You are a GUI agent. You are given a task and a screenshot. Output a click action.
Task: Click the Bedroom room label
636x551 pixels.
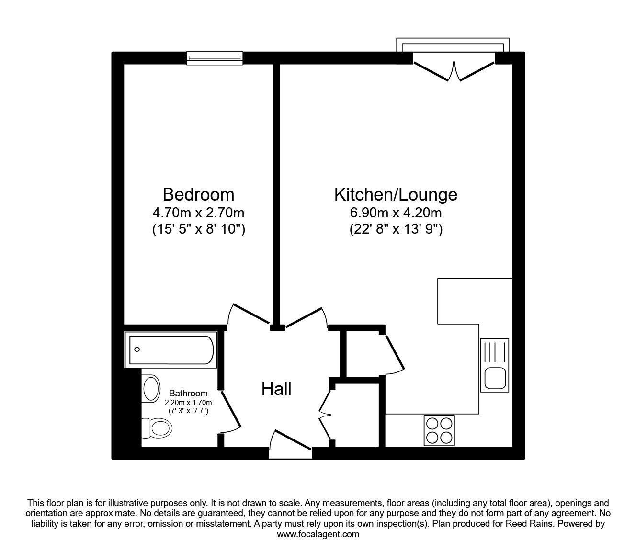click(198, 194)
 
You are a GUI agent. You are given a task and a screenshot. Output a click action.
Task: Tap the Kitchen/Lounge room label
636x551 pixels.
click(396, 195)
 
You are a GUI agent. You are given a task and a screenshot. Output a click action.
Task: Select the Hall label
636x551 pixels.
click(276, 389)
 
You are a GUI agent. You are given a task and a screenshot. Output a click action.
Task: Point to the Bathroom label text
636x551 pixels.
click(188, 393)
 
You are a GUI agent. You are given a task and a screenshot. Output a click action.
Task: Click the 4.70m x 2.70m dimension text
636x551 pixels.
click(198, 213)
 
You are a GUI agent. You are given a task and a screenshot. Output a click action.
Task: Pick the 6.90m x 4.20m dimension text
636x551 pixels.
click(396, 213)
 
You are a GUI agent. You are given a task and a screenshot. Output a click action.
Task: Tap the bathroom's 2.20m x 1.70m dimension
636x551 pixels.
click(188, 403)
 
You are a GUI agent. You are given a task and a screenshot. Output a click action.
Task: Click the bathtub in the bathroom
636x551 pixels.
click(171, 349)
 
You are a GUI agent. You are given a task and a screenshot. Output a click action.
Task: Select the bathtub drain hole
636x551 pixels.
click(137, 349)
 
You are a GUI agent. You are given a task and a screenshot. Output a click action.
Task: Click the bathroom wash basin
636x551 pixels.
click(151, 388)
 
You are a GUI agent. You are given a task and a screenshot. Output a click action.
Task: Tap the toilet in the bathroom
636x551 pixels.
click(157, 428)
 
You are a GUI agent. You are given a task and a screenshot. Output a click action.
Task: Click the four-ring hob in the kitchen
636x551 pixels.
click(439, 430)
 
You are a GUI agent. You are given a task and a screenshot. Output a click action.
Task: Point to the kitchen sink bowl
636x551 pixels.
click(495, 379)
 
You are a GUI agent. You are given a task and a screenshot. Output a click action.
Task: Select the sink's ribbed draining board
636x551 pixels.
click(495, 352)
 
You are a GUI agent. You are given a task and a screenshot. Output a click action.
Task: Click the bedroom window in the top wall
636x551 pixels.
click(215, 58)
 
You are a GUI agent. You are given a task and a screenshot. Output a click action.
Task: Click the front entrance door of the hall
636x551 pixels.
click(290, 443)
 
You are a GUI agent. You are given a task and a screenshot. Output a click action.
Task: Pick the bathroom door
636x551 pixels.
click(231, 411)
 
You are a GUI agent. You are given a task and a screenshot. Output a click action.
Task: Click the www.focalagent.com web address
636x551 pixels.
click(318, 534)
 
